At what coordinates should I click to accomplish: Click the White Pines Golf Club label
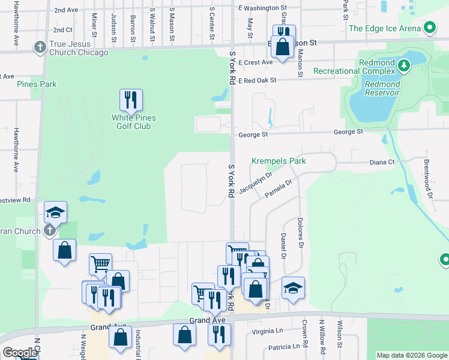131,122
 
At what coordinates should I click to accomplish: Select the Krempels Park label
279,161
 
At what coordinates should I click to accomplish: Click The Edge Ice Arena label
384,28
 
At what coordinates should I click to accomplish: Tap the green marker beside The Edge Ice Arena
429,28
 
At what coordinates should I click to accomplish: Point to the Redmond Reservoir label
382,88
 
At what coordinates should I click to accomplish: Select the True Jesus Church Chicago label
79,48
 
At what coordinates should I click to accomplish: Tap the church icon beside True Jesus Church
40,48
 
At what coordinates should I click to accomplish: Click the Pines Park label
37,84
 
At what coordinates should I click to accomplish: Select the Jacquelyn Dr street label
256,183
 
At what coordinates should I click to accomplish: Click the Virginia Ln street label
267,331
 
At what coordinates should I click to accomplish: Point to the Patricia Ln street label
283,347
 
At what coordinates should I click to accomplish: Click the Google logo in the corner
19,353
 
